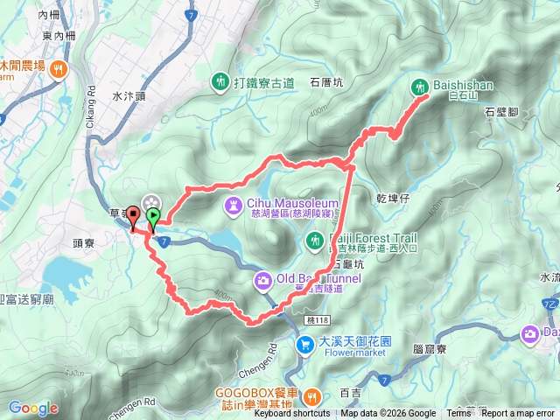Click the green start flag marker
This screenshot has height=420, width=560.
[153, 216]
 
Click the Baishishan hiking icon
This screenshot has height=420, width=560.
[420, 87]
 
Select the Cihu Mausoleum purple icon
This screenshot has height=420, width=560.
[234, 205]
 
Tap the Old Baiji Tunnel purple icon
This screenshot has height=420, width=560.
[262, 280]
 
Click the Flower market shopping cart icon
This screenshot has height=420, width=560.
[304, 321]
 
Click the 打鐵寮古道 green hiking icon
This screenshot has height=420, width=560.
[219, 82]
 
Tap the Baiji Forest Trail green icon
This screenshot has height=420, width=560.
[316, 239]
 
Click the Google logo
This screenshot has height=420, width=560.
[33, 408]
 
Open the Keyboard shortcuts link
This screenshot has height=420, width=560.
[291, 413]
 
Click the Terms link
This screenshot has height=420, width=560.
[458, 413]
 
